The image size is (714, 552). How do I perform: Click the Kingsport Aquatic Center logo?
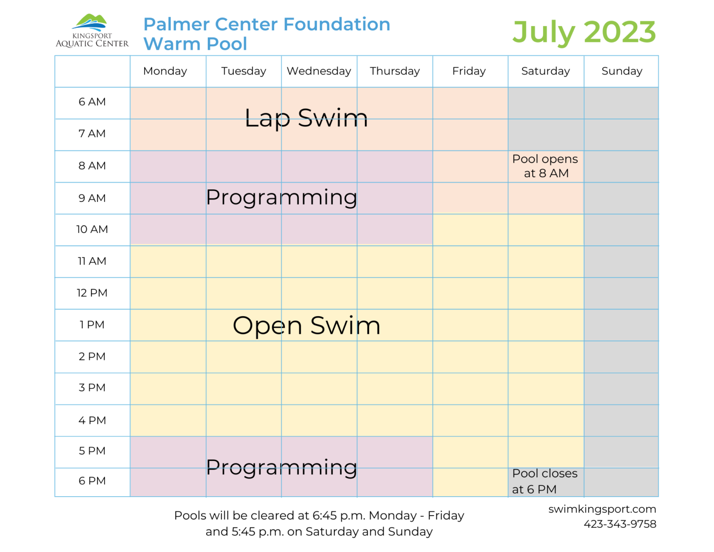(x=92, y=31)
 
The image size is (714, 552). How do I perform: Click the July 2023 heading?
(x=584, y=32)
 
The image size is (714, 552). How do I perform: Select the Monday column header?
(x=165, y=71)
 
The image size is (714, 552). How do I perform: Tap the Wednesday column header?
(x=319, y=71)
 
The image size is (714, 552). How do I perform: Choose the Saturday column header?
(x=545, y=71)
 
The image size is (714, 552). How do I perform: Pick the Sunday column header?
(x=621, y=71)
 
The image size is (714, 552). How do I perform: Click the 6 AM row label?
(x=92, y=102)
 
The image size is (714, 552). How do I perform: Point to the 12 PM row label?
(x=92, y=293)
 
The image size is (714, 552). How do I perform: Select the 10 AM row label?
(x=92, y=229)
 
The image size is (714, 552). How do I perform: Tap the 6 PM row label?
(x=92, y=481)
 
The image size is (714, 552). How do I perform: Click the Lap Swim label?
(x=306, y=118)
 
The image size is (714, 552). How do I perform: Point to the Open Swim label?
(x=306, y=326)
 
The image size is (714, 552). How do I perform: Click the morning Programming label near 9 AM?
(x=281, y=198)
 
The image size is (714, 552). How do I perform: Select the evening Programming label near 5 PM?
(x=281, y=467)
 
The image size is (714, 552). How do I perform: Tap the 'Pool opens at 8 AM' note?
(x=545, y=166)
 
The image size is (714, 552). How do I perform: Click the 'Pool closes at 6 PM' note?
(x=544, y=481)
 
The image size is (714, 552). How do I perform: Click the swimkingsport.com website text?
(x=602, y=509)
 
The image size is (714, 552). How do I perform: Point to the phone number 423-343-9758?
(x=620, y=524)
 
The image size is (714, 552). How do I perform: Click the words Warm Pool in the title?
(x=195, y=44)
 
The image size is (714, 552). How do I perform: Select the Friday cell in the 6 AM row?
(x=470, y=103)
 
